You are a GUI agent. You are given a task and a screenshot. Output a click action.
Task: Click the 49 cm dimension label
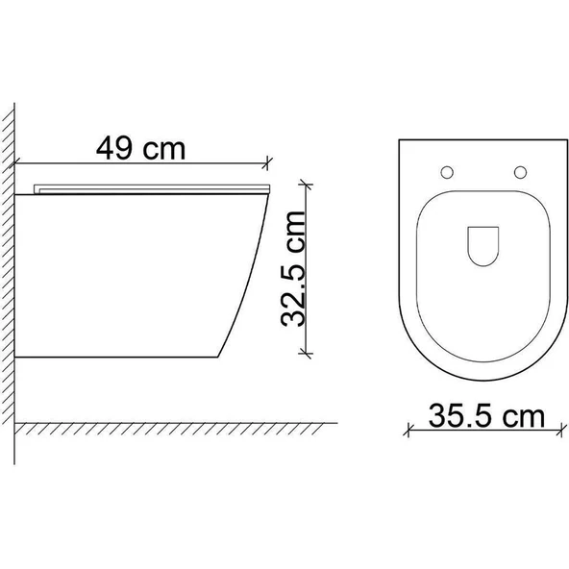point(140,148)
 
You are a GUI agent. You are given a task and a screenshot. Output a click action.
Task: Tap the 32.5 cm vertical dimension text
point(293,269)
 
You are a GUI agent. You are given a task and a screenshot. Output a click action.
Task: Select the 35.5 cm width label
point(486,416)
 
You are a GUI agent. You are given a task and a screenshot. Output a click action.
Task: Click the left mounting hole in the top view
point(447,172)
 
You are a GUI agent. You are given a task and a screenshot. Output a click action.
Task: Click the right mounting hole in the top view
point(520,172)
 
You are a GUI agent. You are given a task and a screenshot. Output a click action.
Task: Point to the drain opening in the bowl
point(483,246)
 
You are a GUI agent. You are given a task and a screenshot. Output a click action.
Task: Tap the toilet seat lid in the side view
point(152,189)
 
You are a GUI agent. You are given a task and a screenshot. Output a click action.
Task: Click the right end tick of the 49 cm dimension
point(267,163)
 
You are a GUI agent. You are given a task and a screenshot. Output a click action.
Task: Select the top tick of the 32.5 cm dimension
point(306,186)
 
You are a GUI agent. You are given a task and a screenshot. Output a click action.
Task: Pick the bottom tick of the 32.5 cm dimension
point(306,353)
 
